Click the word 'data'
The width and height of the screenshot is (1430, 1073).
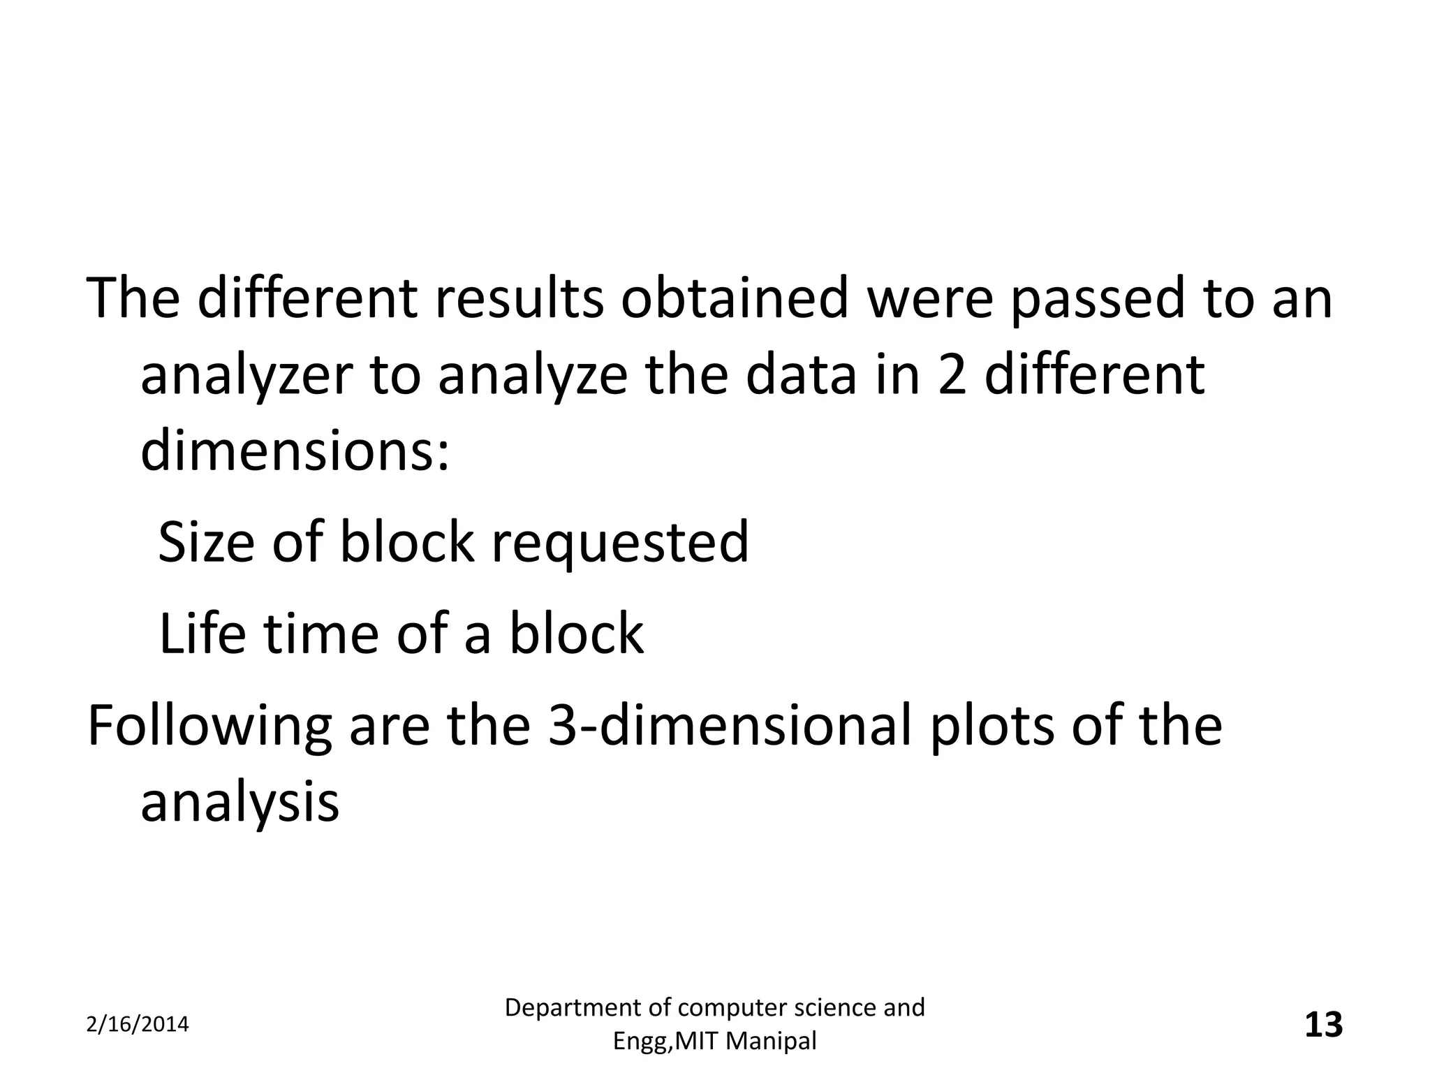pos(800,374)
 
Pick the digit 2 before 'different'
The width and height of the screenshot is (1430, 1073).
pos(952,374)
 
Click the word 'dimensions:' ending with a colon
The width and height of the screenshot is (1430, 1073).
pos(295,451)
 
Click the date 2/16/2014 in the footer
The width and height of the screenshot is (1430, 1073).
pos(138,1025)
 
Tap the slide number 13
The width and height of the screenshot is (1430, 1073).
pos(1323,1025)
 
